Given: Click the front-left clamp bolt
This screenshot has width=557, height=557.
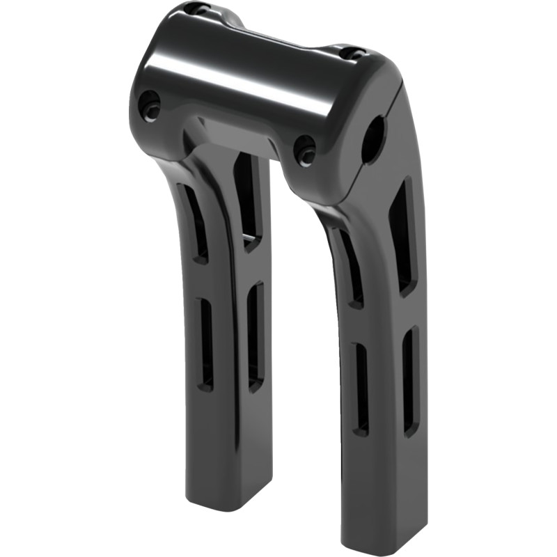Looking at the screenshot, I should (150, 105).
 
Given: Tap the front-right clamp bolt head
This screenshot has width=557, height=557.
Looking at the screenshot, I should (305, 150).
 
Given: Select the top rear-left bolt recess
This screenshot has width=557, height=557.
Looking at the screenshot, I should (200, 9).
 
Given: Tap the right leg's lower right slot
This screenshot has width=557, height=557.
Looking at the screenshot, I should (411, 379).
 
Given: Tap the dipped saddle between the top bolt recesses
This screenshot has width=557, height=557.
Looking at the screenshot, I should (278, 28).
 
